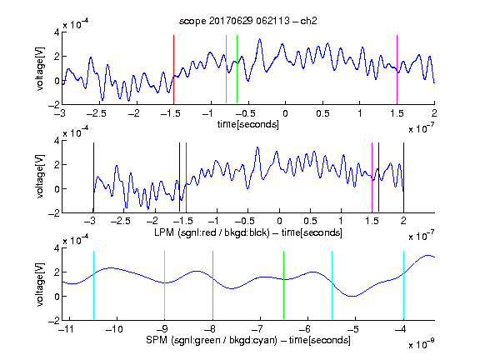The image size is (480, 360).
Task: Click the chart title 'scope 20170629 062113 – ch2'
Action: (x=248, y=21)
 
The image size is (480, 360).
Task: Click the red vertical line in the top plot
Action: (x=173, y=69)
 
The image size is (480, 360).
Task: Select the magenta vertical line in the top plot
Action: (x=397, y=69)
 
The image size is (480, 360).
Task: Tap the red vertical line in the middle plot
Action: (x=186, y=177)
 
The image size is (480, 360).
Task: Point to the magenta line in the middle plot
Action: (x=372, y=177)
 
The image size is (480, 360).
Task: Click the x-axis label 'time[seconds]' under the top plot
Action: (x=248, y=124)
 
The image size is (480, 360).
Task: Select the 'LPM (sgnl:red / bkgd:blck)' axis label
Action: (x=212, y=232)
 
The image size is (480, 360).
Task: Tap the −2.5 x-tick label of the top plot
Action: (x=96, y=113)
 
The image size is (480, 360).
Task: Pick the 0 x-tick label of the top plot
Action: (x=285, y=113)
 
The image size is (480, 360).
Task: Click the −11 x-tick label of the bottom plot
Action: (x=66, y=329)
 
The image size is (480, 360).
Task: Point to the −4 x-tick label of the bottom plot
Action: (x=401, y=329)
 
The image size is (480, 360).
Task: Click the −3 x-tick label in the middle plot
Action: (x=90, y=221)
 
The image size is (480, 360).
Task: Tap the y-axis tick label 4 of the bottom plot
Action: (x=57, y=248)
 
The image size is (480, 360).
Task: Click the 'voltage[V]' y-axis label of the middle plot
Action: (x=40, y=177)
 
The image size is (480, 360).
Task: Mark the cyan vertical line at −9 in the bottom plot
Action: (x=164, y=285)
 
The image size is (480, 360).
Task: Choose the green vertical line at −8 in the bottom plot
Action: (x=212, y=285)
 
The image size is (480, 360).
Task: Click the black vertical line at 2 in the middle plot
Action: (x=403, y=177)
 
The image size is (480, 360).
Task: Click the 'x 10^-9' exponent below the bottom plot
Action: (x=422, y=344)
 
